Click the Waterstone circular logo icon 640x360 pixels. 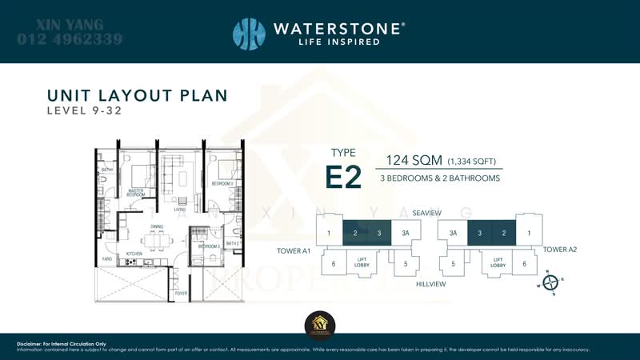coord(249,34)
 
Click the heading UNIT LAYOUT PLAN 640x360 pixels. coord(137,96)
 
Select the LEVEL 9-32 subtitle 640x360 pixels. coord(84,111)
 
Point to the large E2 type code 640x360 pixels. coord(343,178)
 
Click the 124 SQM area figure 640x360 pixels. coord(413,160)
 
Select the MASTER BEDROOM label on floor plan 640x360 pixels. coord(136,193)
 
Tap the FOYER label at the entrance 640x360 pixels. coord(182,294)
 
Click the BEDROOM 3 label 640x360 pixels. coord(209,246)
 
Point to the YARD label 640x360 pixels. coord(106,259)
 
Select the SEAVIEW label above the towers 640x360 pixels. coord(426,213)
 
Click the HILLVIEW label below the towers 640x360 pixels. coord(430,284)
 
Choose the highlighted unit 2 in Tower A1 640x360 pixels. coord(354,233)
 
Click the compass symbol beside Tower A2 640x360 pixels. coord(550,282)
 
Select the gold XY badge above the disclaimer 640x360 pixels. coord(320,323)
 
